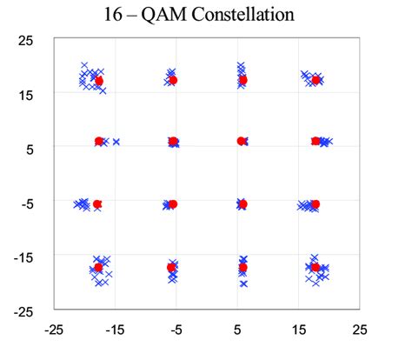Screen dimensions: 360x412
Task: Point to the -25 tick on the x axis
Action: (54, 330)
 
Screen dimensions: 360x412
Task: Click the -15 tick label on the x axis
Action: (115, 330)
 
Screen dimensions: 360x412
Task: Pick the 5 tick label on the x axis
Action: (237, 330)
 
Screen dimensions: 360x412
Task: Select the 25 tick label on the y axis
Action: (26, 40)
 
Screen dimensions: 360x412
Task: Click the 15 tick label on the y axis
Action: (26, 94)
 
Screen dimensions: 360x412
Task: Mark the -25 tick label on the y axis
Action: (24, 310)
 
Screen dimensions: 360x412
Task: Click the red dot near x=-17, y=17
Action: (99, 81)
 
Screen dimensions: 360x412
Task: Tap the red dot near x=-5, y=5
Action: (173, 141)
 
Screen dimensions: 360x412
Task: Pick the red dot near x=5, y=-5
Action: (243, 204)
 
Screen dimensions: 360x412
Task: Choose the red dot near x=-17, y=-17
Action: (98, 268)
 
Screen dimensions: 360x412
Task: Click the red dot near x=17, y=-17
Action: (316, 268)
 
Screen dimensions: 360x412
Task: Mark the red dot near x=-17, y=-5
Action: (97, 204)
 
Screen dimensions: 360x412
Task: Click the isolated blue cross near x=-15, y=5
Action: (116, 141)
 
